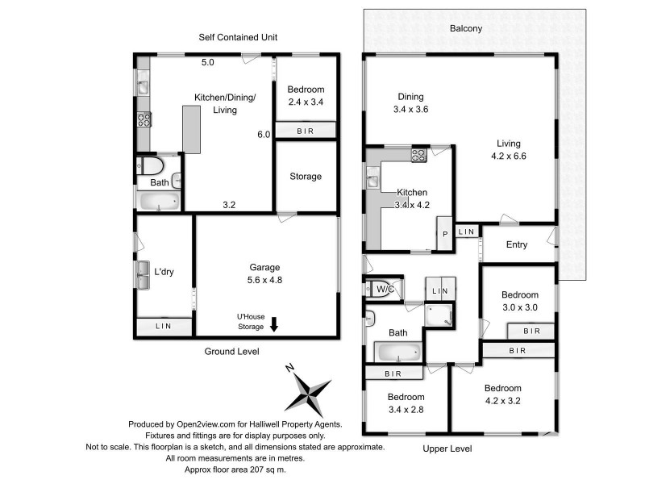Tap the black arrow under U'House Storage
tap(274, 324)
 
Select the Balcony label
tap(466, 28)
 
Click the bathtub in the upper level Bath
tap(399, 353)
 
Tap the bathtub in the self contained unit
tap(159, 202)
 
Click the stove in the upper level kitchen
tap(419, 156)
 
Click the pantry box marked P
tap(444, 235)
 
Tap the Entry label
tap(517, 245)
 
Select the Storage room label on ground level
tap(306, 176)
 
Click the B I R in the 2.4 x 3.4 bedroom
tap(306, 131)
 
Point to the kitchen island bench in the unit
tap(191, 130)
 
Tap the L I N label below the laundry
tap(164, 326)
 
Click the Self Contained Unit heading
tap(237, 37)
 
